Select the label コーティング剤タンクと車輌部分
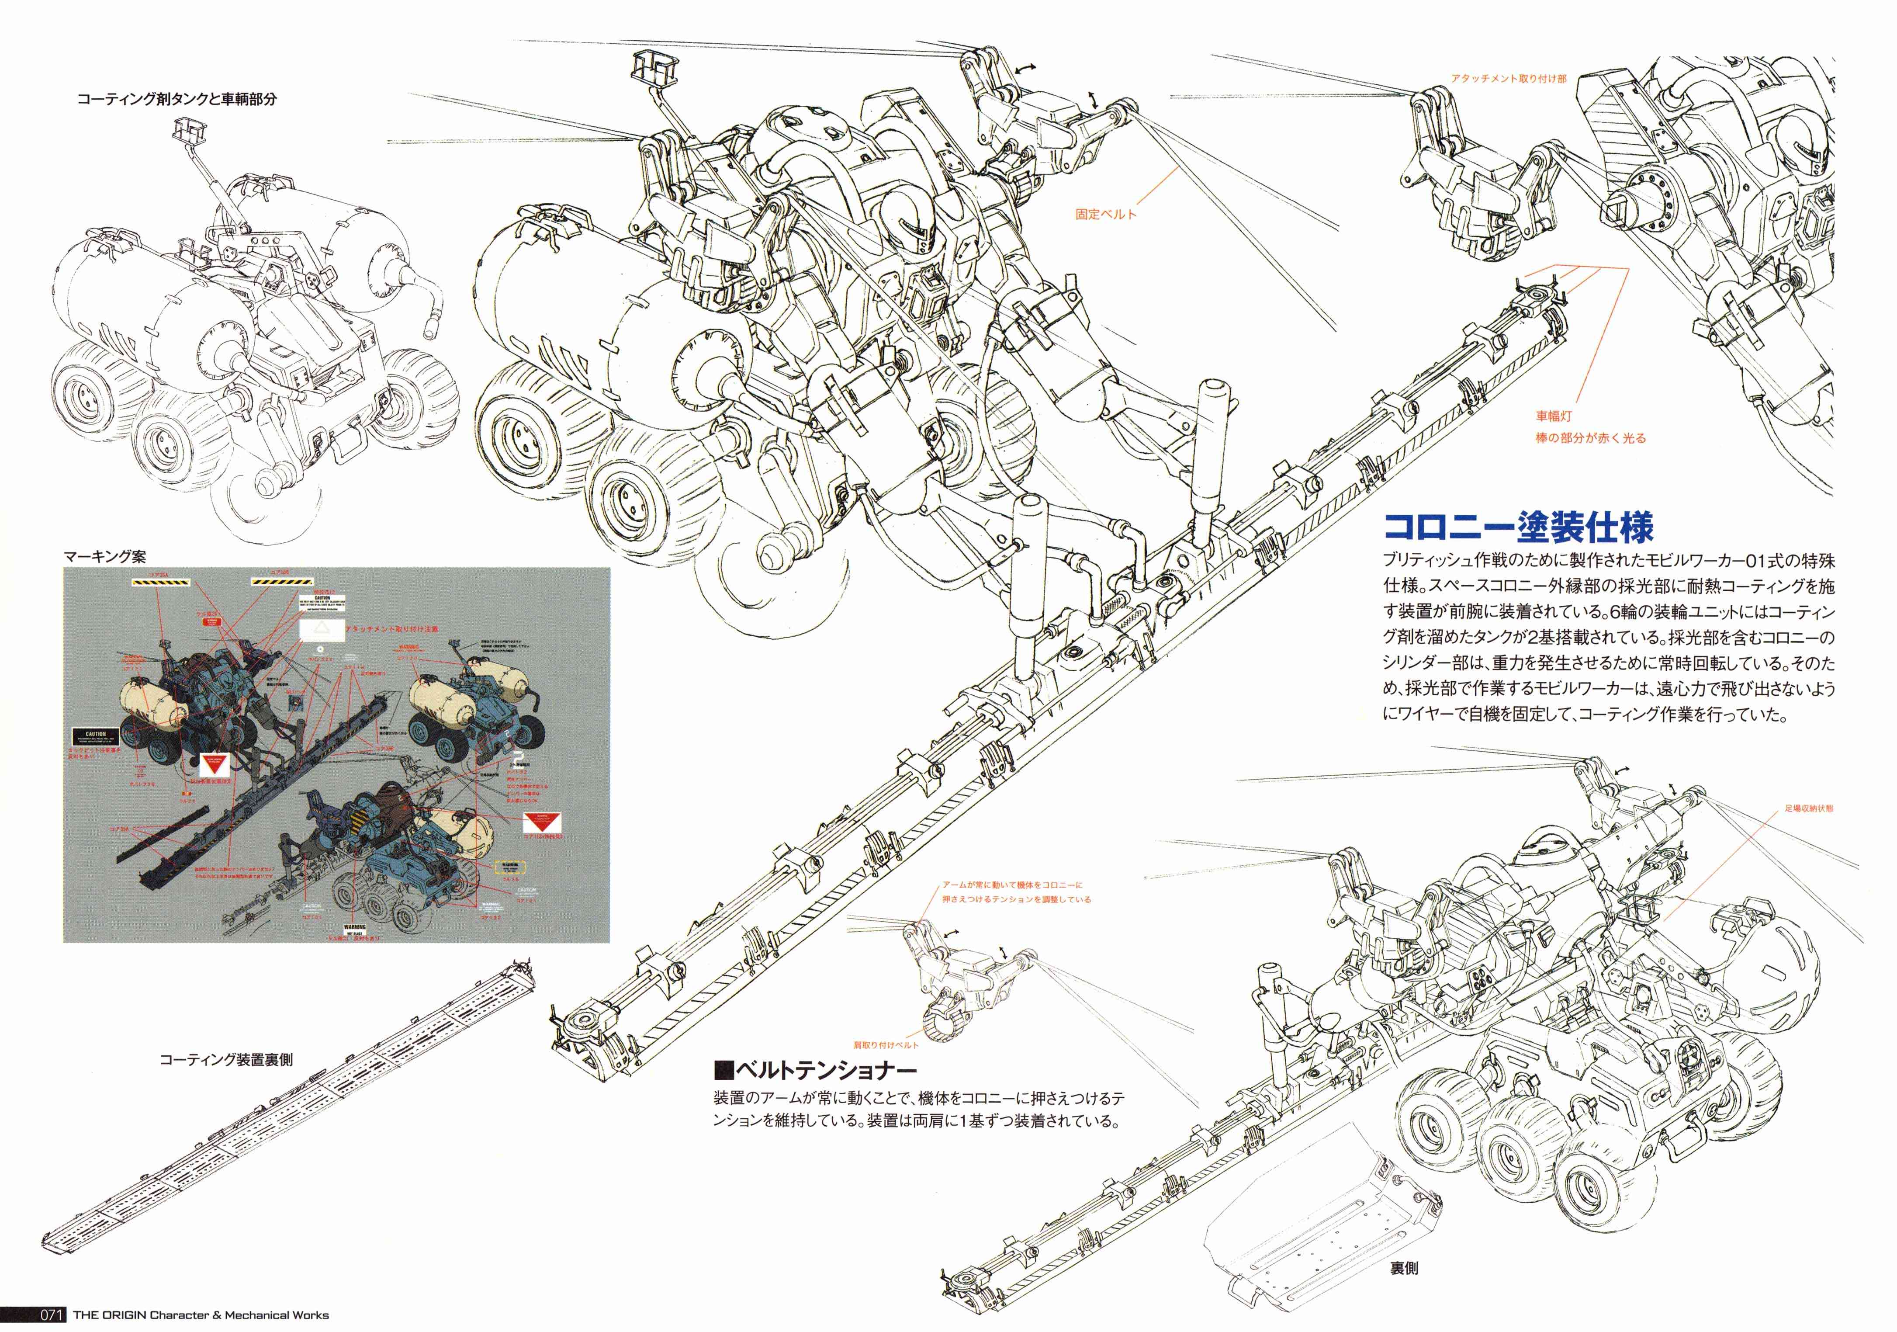177,99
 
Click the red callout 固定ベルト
1105,214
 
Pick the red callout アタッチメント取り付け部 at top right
1508,79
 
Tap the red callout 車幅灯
1553,416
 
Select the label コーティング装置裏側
225,1059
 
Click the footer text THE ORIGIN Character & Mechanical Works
201,1315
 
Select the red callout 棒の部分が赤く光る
1590,438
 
